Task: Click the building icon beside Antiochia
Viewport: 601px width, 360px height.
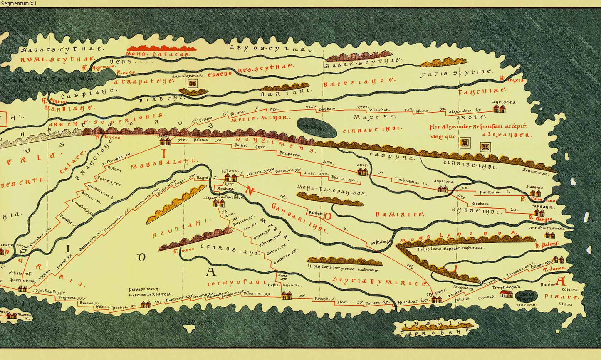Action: coord(499,109)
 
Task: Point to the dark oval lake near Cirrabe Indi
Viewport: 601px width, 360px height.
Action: coord(317,128)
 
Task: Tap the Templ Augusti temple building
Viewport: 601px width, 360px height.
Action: coord(506,294)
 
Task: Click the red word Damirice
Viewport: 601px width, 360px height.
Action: coord(399,215)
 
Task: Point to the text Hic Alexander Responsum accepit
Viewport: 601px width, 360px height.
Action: coord(478,126)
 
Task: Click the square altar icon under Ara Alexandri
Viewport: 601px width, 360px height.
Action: coord(192,84)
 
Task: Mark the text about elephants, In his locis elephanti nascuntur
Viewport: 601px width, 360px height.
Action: coord(451,248)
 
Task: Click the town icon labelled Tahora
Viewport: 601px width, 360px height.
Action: coord(230,178)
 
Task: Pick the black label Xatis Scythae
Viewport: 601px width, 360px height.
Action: coord(456,73)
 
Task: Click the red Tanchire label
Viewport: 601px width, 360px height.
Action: coord(482,91)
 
